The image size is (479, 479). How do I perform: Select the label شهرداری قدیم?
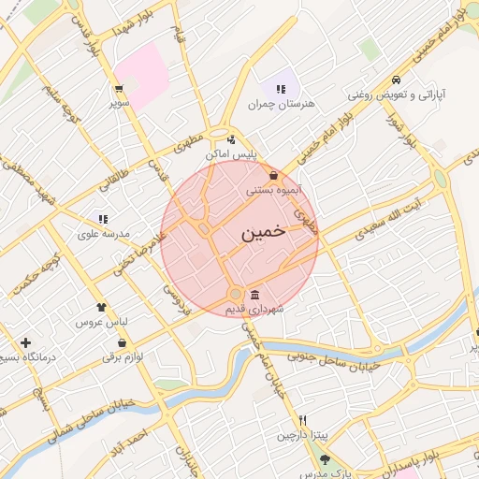pos(254,308)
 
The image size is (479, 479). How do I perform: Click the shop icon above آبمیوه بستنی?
pos(272,175)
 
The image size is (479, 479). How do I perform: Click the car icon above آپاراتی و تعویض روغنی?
pos(398,80)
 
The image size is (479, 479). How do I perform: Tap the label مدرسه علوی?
pos(102,233)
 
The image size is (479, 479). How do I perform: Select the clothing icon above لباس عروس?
pos(101,306)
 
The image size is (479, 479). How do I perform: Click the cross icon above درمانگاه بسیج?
pos(25,342)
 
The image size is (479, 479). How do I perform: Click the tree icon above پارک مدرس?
pos(325,459)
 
